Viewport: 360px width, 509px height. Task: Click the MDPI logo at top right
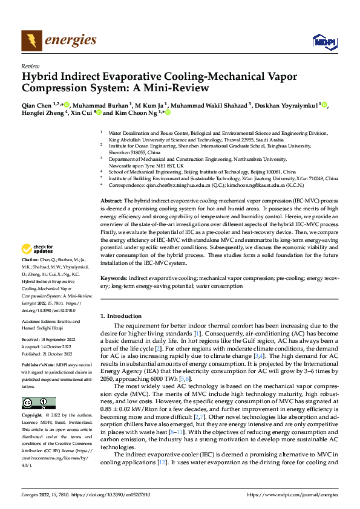pyautogui.click(x=323, y=41)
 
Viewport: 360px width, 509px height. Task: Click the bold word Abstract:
pyautogui.click(x=111, y=200)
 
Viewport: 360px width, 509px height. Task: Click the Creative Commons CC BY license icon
pyautogui.click(x=38, y=403)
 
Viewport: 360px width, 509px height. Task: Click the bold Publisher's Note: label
pyautogui.click(x=39, y=366)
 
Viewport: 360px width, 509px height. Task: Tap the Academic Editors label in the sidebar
pyautogui.click(x=38, y=322)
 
